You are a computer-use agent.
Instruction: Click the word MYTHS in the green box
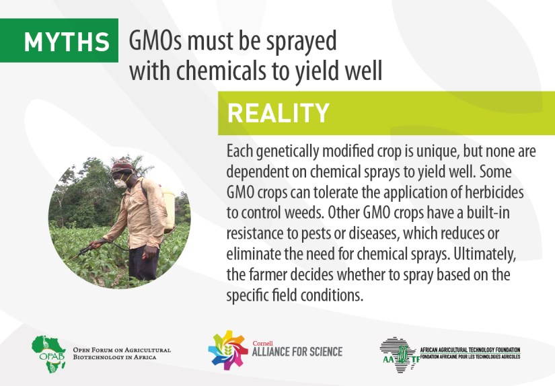67,42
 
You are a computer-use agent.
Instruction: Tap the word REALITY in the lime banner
279,113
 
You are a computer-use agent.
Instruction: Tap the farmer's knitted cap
122,165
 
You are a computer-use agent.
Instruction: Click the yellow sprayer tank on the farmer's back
169,209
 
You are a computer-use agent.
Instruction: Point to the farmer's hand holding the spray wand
94,244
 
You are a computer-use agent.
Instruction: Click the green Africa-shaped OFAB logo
48,354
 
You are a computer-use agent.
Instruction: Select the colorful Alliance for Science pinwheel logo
227,350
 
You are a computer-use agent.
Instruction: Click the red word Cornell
262,343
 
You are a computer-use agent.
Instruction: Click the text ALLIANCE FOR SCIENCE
297,352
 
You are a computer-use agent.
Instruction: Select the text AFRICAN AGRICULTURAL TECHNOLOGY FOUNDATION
470,350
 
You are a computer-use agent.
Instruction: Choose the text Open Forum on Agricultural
122,350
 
